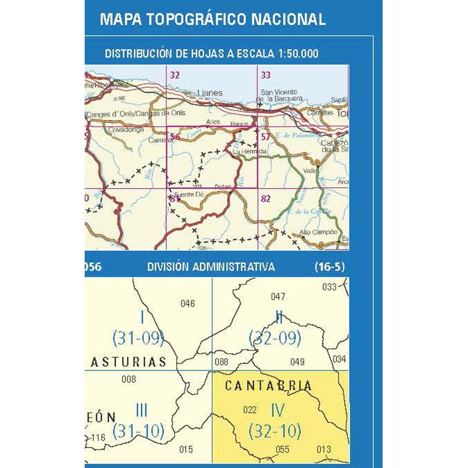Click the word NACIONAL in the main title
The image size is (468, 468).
pyautogui.click(x=289, y=19)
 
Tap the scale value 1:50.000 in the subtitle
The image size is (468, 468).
pyautogui.click(x=293, y=53)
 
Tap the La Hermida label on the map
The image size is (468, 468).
pyautogui.click(x=246, y=151)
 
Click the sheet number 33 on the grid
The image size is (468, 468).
pyautogui.click(x=266, y=75)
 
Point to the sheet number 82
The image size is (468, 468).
pyautogui.click(x=266, y=198)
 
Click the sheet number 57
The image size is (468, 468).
pyautogui.click(x=266, y=137)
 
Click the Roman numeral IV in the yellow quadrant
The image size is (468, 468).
pyautogui.click(x=278, y=411)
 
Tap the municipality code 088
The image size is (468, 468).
pyautogui.click(x=221, y=362)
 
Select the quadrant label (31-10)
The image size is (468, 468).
pyautogui.click(x=139, y=431)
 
